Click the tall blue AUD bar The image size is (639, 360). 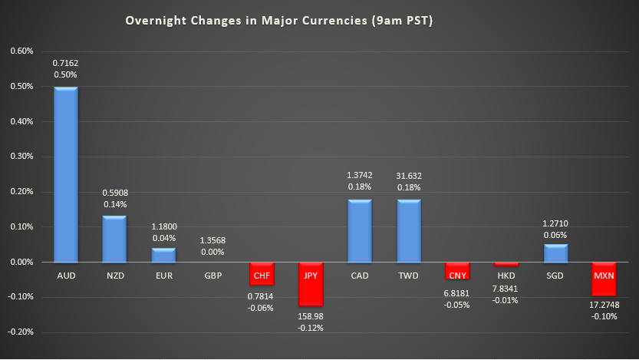pyautogui.click(x=65, y=174)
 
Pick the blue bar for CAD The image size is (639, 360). pyautogui.click(x=360, y=231)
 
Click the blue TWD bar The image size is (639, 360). pyautogui.click(x=409, y=231)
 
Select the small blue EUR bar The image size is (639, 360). pyautogui.click(x=163, y=255)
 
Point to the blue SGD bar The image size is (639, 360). pyautogui.click(x=556, y=253)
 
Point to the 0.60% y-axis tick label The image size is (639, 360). pyautogui.click(x=21, y=51)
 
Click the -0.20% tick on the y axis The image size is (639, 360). pyautogui.click(x=21, y=332)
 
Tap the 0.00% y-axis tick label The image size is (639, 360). pyautogui.click(x=21, y=263)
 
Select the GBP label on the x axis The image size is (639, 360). pyautogui.click(x=212, y=274)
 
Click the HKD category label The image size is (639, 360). pyautogui.click(x=507, y=274)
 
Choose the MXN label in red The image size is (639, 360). pyautogui.click(x=605, y=274)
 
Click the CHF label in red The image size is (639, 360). pyautogui.click(x=262, y=274)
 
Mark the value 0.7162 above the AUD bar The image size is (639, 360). pyautogui.click(x=65, y=62)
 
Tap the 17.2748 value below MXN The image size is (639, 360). pyautogui.click(x=605, y=306)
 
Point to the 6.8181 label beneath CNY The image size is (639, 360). pyautogui.click(x=458, y=292)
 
